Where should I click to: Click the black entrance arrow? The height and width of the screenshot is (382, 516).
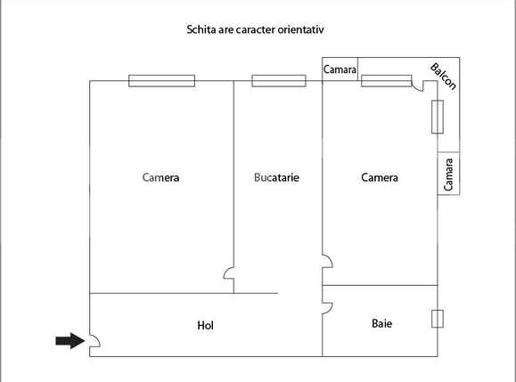tap(68, 340)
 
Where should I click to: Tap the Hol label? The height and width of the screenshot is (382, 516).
tap(205, 325)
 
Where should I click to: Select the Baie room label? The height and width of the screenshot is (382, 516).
tap(381, 323)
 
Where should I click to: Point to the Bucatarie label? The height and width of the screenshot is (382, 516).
tap(276, 177)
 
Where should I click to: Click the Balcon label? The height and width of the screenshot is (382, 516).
tap(443, 76)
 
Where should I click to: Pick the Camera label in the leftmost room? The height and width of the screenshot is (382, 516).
tap(160, 177)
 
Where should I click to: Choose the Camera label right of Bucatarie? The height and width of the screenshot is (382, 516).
tap(379, 177)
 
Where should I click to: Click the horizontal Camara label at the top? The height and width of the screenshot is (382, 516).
tap(340, 69)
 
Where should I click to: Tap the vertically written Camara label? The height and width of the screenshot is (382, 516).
tap(448, 175)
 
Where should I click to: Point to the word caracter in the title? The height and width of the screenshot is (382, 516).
tap(254, 29)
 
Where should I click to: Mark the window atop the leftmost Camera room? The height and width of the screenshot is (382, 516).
tap(161, 81)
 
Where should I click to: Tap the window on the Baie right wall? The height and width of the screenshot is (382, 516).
tap(437, 319)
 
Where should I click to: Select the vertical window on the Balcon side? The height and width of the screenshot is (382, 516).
tap(437, 117)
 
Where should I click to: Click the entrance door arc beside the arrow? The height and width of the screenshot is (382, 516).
tap(94, 340)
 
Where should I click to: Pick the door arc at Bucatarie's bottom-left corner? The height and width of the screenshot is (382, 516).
tap(228, 272)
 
